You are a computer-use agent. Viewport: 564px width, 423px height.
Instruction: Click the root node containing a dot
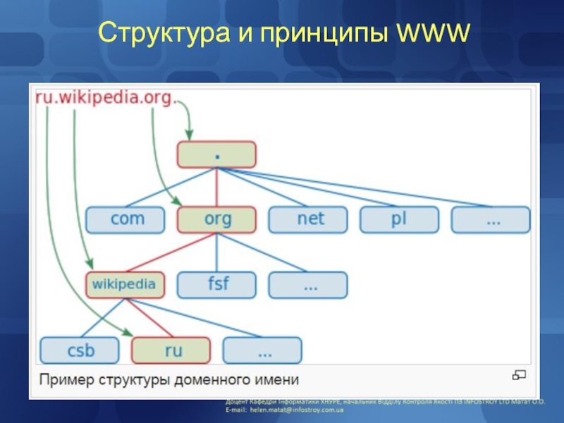tap(216, 154)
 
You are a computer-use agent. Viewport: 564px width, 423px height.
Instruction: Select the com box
tap(125, 219)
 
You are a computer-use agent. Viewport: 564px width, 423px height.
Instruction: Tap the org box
tap(217, 219)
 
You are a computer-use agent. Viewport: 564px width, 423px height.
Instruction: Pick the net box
tap(309, 219)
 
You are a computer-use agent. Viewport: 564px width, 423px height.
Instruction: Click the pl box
tap(400, 219)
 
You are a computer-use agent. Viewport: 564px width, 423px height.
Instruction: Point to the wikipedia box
tap(125, 285)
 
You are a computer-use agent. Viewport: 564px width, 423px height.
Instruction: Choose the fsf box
tap(217, 285)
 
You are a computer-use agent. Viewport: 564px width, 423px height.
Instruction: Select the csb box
tap(80, 350)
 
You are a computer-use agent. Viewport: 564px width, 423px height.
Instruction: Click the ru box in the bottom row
tap(171, 350)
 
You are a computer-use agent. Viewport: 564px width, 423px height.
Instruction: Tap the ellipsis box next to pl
tap(491, 219)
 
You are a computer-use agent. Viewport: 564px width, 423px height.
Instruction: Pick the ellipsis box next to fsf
tap(309, 285)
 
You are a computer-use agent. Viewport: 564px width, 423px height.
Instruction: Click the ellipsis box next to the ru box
tap(262, 350)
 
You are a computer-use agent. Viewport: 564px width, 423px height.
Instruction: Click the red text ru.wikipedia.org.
tap(104, 99)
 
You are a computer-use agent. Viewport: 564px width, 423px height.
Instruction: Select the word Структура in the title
tap(160, 32)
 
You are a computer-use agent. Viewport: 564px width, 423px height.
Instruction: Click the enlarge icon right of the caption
tap(520, 374)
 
